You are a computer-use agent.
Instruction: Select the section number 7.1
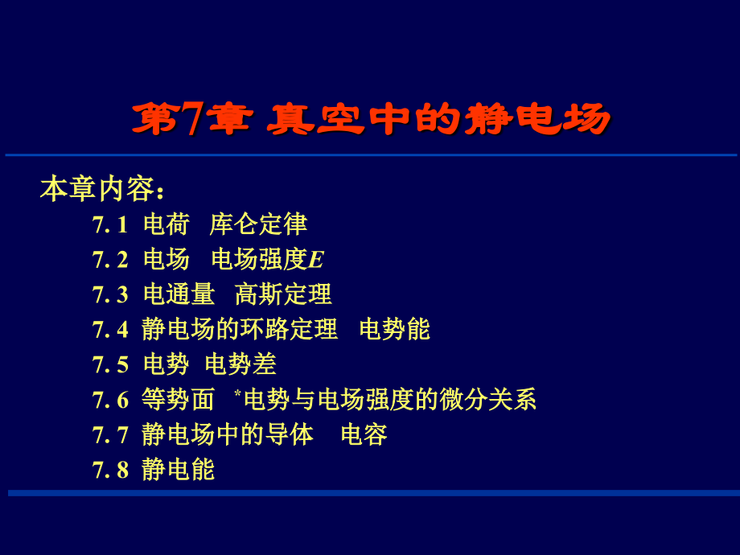(110, 224)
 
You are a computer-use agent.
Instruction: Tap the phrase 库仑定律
(258, 224)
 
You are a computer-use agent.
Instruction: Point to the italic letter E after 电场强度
(316, 260)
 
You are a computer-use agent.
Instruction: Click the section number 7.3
(110, 294)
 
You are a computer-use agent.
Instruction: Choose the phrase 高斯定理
(283, 294)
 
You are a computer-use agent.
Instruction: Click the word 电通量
(179, 294)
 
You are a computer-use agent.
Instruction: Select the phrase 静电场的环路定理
(240, 329)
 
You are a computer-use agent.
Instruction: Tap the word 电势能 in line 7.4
(395, 329)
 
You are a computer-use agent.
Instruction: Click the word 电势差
(240, 364)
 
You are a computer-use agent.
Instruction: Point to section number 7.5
(110, 364)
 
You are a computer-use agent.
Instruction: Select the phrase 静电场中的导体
(228, 434)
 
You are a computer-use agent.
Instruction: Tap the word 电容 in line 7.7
(364, 434)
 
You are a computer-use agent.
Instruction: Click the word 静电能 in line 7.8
(179, 469)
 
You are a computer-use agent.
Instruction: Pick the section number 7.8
(110, 469)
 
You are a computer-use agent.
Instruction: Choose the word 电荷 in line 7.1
(166, 224)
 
